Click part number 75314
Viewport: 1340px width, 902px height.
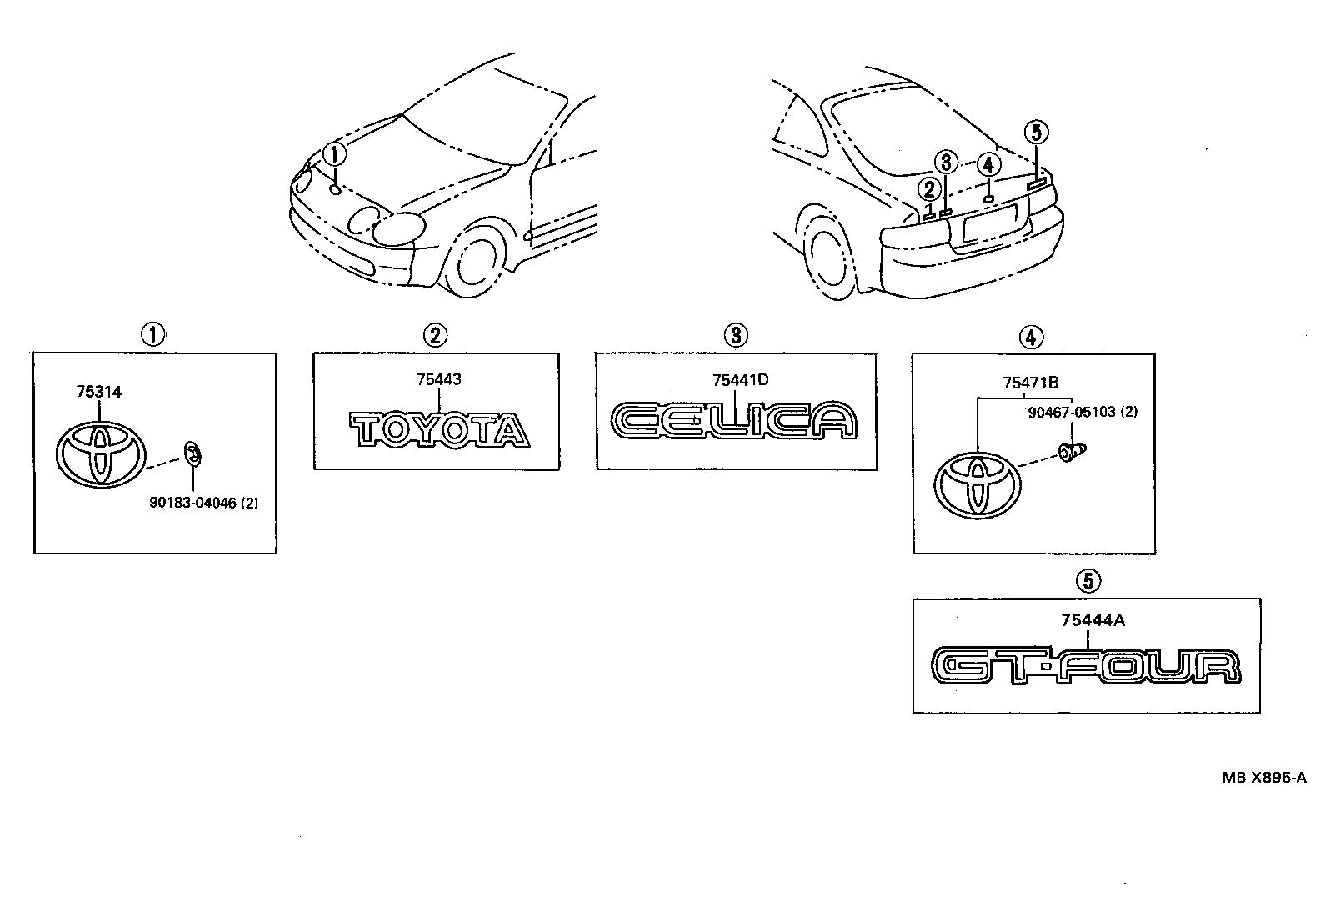[x=98, y=391]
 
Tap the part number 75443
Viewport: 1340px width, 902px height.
[x=438, y=379]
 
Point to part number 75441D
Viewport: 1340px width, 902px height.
[x=740, y=379]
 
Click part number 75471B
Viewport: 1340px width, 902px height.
[x=1030, y=383]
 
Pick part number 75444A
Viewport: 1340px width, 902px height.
[x=1093, y=619]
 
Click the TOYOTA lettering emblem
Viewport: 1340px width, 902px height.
[x=438, y=429]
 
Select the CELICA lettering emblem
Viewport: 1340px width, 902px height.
[x=734, y=420]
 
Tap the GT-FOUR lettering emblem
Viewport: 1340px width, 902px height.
[x=1086, y=665]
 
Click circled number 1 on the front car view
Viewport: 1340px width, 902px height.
[x=333, y=153]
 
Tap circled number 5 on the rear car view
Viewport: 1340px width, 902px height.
[x=1035, y=132]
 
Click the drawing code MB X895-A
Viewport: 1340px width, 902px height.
[x=1264, y=778]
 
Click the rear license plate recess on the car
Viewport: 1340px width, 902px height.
[x=991, y=225]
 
